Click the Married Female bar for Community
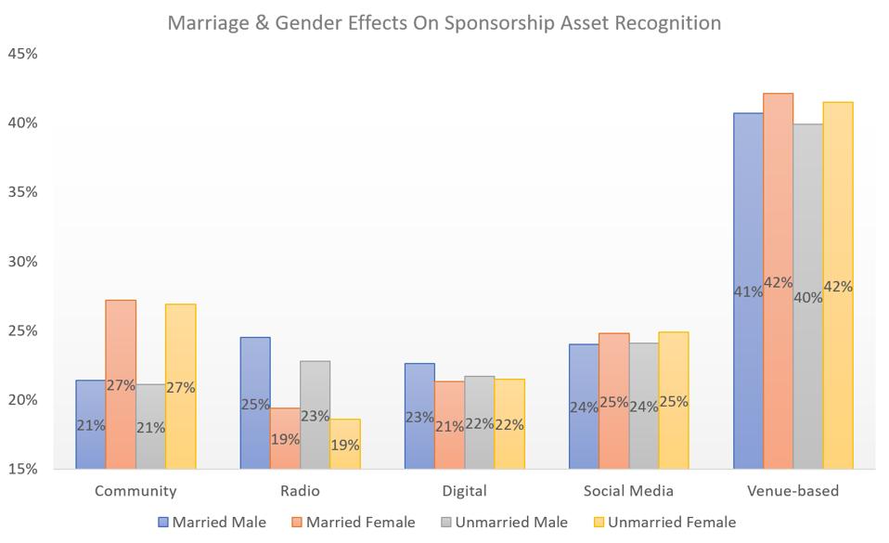click(x=121, y=384)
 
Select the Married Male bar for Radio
click(x=255, y=403)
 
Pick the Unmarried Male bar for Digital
click(x=480, y=422)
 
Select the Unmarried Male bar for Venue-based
click(x=808, y=296)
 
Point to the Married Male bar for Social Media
click(x=584, y=406)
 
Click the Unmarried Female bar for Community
click(x=180, y=386)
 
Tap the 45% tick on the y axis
click(x=22, y=54)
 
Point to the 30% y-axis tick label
click(x=22, y=262)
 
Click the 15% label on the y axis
click(x=22, y=469)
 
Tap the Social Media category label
click(x=628, y=491)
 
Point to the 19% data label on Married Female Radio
click(x=286, y=439)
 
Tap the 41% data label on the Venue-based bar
click(x=748, y=291)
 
